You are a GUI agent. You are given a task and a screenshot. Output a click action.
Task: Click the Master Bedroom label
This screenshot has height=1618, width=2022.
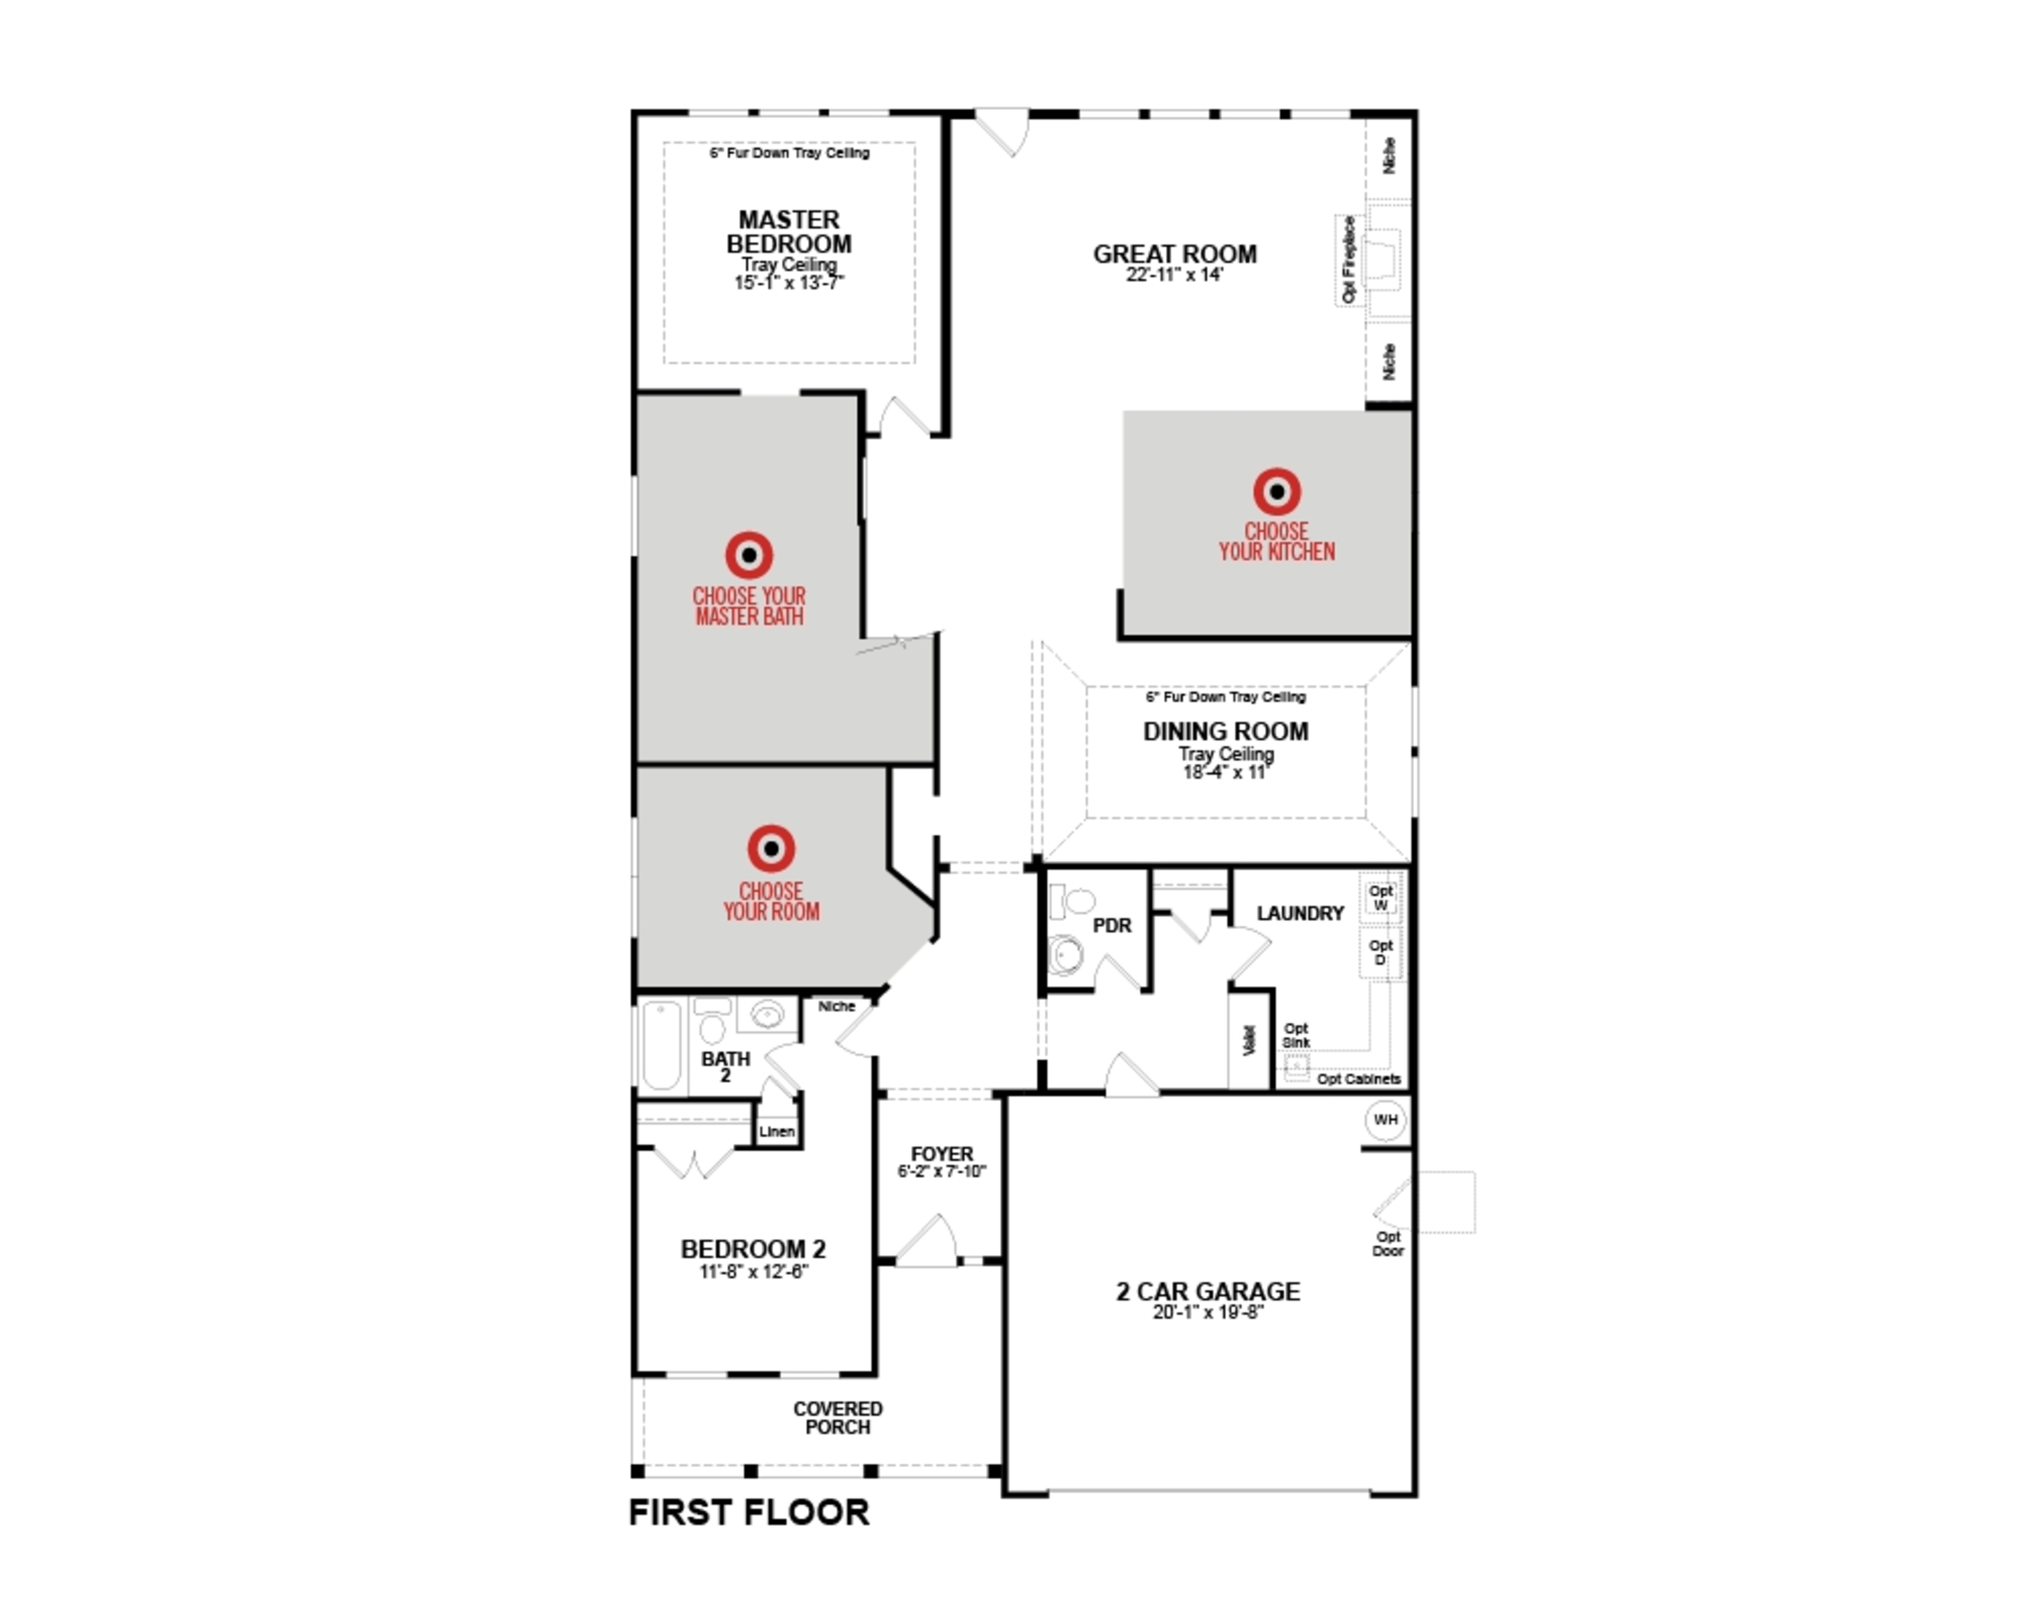click(789, 232)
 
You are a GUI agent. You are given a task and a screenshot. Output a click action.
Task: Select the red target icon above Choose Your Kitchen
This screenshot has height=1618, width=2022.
click(1276, 491)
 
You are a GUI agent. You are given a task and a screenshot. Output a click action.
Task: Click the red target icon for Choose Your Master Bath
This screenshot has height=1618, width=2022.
click(748, 555)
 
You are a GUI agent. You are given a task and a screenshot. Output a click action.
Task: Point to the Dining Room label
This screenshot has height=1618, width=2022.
click(1225, 732)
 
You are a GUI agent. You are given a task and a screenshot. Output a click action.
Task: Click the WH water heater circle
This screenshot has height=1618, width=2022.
click(1385, 1120)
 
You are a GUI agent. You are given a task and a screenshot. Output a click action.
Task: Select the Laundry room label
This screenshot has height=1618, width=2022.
click(1300, 914)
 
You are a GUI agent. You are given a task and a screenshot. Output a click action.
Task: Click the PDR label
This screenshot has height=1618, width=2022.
click(1112, 926)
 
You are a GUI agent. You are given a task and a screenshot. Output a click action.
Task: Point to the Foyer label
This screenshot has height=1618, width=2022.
click(941, 1153)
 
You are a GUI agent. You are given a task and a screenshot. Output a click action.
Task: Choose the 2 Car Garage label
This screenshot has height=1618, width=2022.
click(1208, 1291)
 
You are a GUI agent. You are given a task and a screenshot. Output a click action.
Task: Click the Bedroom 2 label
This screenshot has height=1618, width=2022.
click(753, 1249)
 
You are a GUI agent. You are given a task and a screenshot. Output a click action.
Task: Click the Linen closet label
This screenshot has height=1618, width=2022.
click(777, 1131)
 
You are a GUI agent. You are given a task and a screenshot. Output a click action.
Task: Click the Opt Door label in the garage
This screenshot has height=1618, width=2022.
click(1388, 1244)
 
